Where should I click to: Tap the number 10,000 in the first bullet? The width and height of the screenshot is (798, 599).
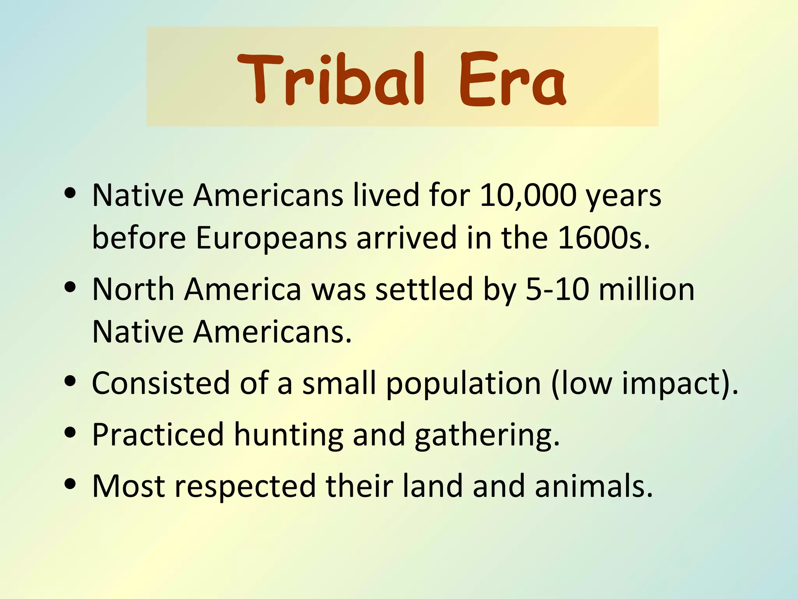528,195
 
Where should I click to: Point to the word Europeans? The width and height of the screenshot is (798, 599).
271,238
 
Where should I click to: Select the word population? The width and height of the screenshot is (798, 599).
463,384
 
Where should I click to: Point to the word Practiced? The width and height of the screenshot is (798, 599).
158,434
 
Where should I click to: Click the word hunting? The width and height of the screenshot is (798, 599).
288,435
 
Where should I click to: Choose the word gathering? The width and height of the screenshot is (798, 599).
487,435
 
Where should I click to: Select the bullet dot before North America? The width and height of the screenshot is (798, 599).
71,288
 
